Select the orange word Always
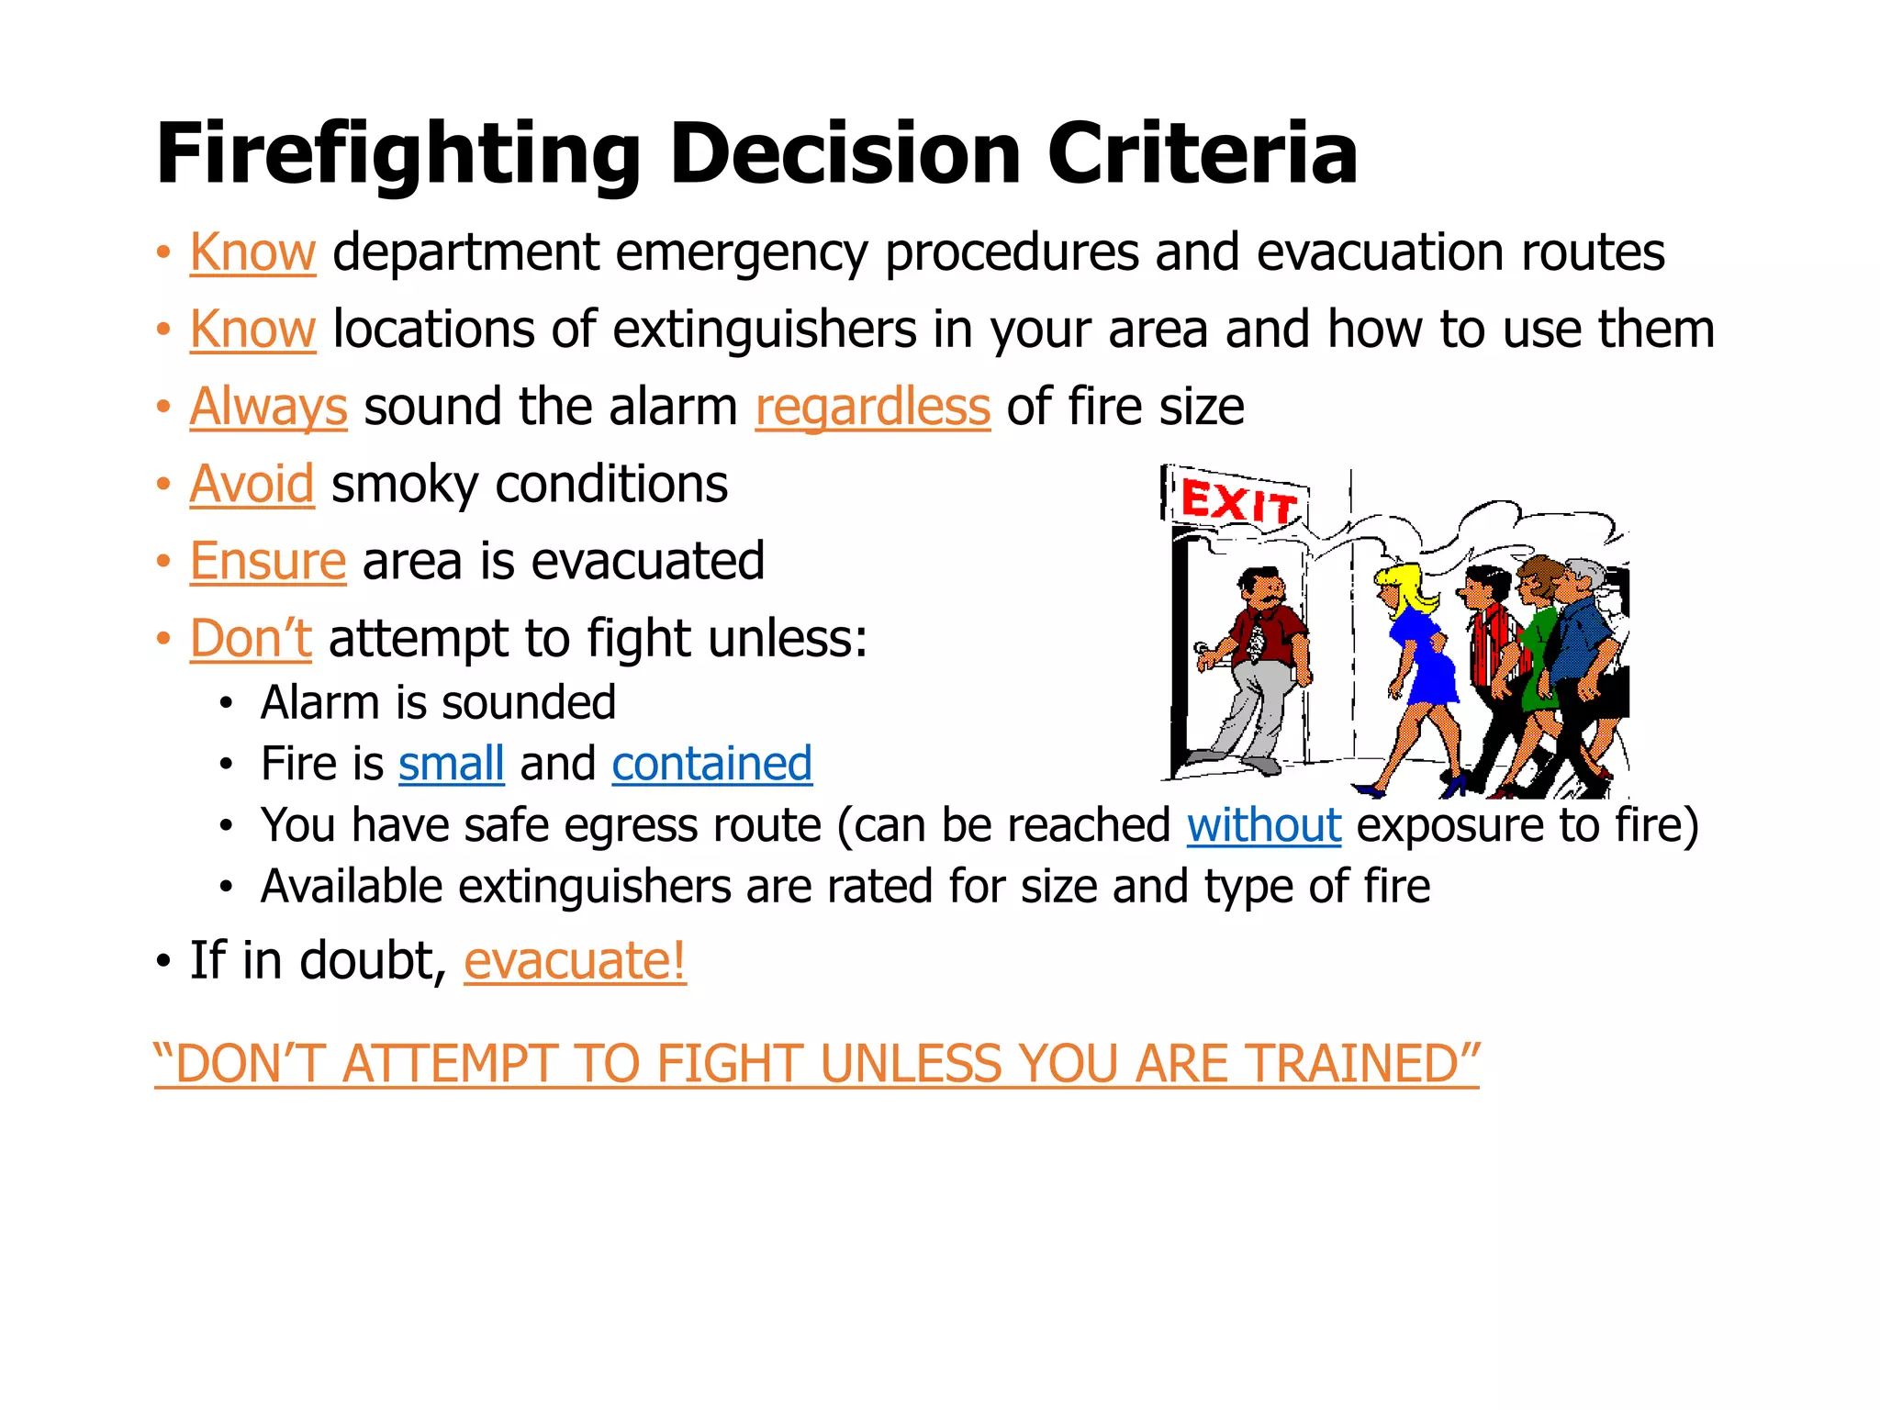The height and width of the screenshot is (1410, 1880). tap(268, 407)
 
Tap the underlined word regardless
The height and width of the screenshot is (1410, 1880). tap(872, 407)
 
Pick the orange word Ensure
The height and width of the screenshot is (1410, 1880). tap(267, 561)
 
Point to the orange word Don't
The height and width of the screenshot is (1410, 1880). tap(250, 638)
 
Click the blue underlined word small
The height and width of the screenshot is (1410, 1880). tap(451, 764)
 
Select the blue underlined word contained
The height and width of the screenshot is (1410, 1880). tap(711, 764)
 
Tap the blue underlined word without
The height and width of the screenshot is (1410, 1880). tap(1263, 825)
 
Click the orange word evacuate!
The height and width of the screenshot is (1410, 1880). tap(575, 961)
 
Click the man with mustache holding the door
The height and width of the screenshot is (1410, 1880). tap(1258, 661)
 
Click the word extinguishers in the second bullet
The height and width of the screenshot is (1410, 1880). tap(765, 330)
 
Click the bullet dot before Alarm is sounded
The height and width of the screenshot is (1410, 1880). tap(226, 705)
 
